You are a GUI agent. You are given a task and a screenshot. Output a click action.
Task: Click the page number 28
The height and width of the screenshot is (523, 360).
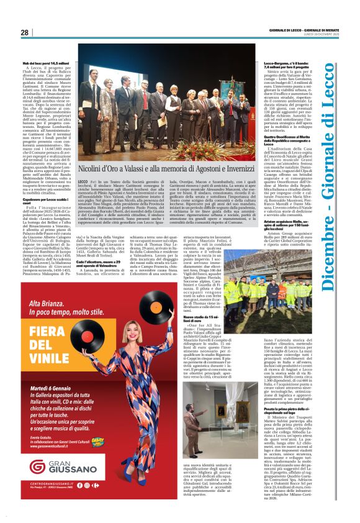[x=24, y=32]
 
